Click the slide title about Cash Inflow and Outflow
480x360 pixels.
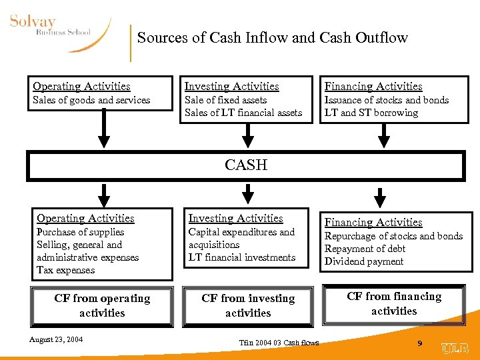272,38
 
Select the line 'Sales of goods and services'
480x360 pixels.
91,100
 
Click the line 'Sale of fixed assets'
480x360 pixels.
225,100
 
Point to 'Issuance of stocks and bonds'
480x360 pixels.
387,100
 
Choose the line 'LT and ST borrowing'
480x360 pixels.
371,113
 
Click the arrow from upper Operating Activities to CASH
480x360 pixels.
104,130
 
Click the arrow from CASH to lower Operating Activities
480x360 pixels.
104,195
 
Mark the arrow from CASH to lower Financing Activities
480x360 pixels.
380,197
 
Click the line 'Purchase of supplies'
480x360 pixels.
81,232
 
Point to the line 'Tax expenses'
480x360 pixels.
66,270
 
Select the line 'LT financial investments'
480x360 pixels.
242,257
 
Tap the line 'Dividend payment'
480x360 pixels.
364,261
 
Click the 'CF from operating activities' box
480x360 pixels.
102,305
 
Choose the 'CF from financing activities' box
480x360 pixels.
394,303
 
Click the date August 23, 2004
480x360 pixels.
56,339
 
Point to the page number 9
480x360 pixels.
419,343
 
